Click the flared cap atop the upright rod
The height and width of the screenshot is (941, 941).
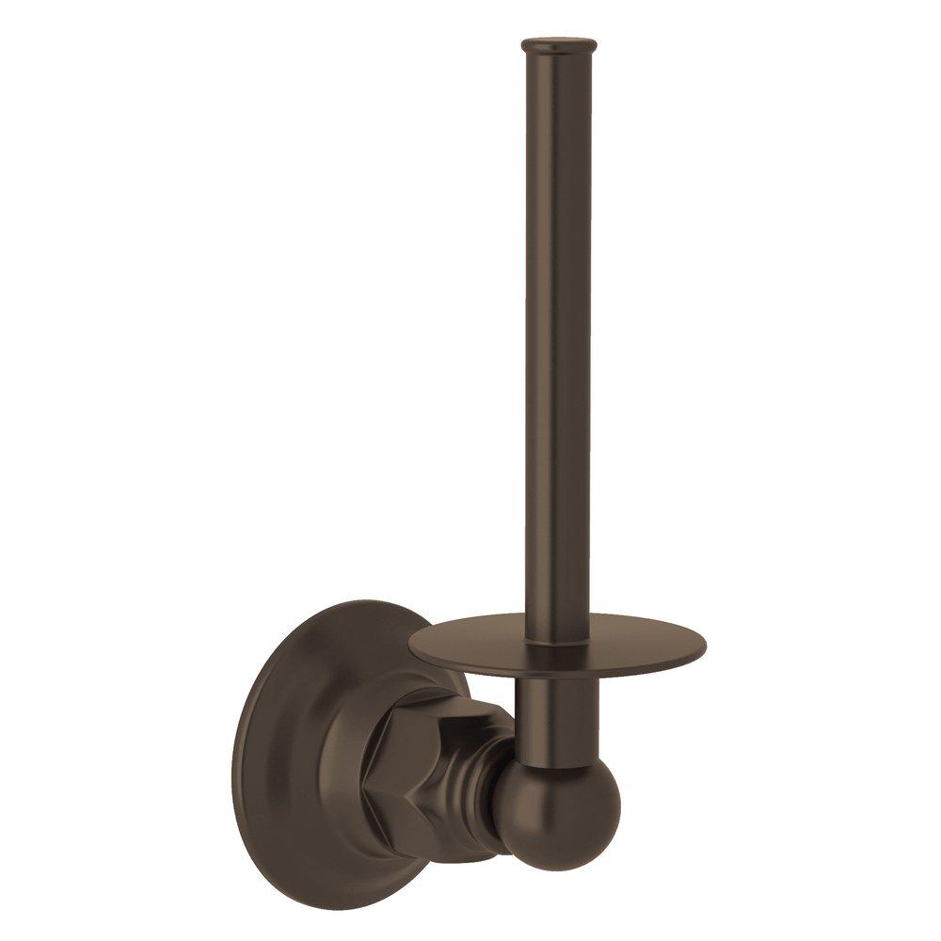click(x=559, y=43)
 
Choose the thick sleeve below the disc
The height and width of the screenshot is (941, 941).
click(x=561, y=715)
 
